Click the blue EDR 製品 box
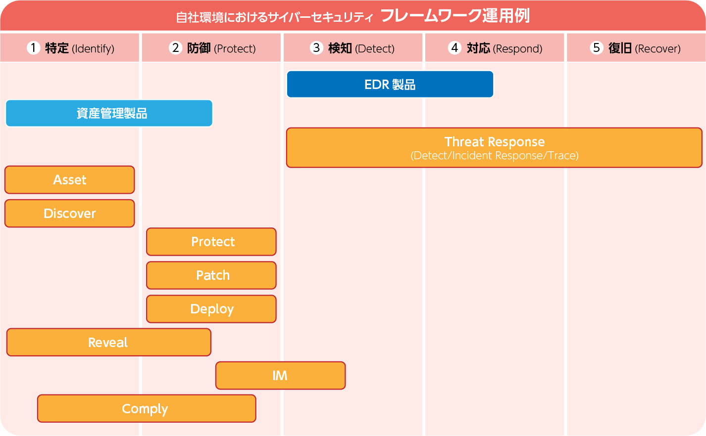coord(390,85)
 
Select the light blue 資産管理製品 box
coord(109,113)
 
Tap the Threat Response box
coord(494,148)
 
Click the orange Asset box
coord(70,180)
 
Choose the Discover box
coord(70,214)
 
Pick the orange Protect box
coord(211,242)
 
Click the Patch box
coord(211,275)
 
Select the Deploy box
coord(211,309)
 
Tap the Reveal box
coord(109,343)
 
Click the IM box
coord(281,376)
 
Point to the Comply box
coord(147,409)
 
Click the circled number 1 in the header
coord(33,48)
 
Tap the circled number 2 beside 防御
coord(176,48)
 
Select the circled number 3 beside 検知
coord(316,48)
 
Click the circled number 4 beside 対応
coord(454,48)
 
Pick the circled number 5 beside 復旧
coord(596,48)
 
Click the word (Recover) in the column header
coord(658,49)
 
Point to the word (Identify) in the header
coord(93,49)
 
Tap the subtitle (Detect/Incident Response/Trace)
coord(494,156)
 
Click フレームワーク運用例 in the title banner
coord(455,16)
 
